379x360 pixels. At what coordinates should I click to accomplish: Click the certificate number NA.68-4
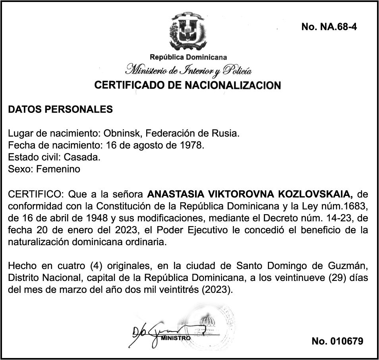(329, 27)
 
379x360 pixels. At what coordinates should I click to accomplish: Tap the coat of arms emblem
(189, 31)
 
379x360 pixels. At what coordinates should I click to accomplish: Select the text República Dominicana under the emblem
(188, 57)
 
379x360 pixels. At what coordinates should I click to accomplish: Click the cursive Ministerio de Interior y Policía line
(188, 71)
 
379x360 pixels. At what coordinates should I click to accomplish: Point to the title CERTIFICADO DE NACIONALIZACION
(188, 85)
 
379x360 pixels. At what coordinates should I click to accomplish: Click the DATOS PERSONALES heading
(60, 110)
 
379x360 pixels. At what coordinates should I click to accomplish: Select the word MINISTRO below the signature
(176, 338)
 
